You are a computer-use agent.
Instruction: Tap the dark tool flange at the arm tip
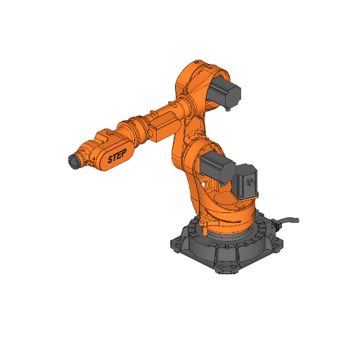click(x=72, y=162)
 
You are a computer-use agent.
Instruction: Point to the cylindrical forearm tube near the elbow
click(x=169, y=112)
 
